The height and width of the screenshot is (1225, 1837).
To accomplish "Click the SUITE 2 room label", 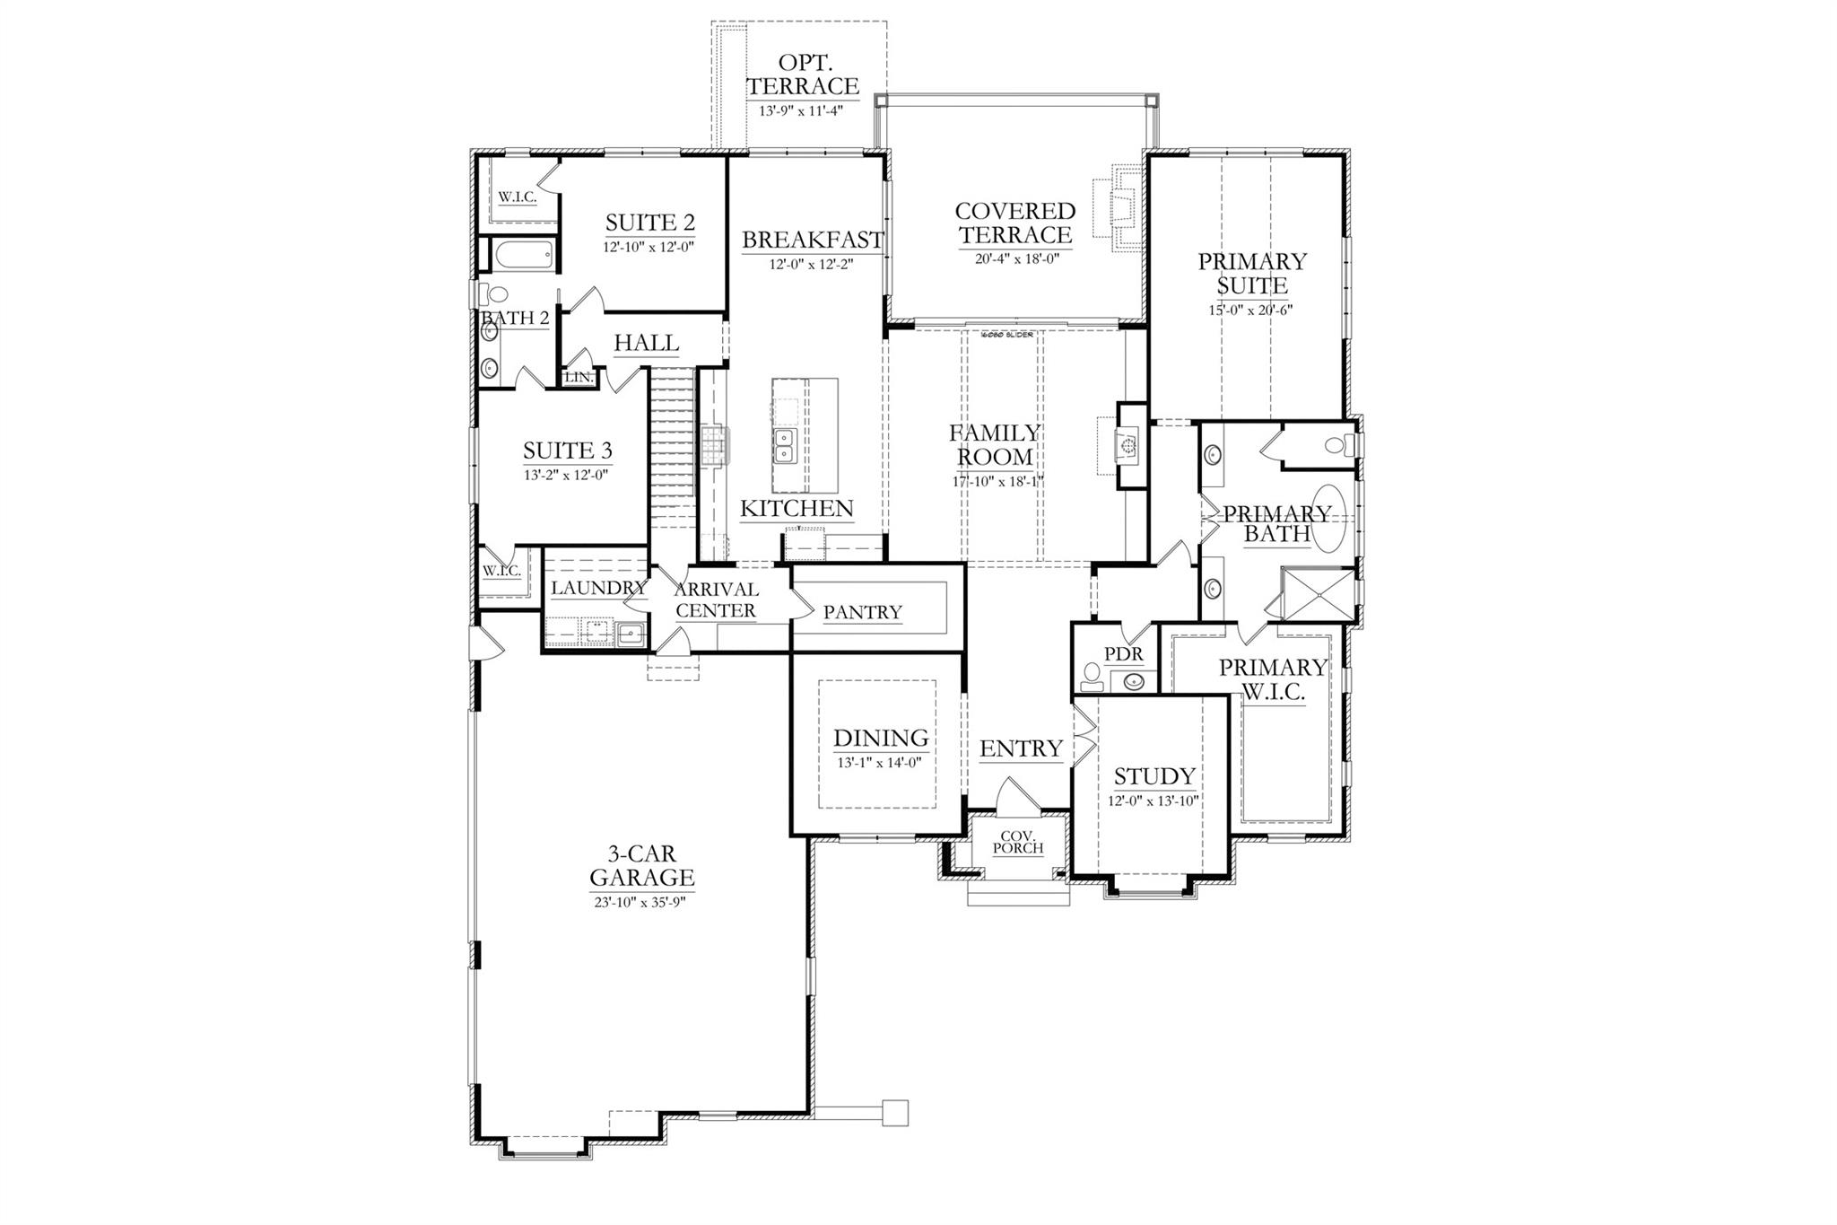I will click(649, 223).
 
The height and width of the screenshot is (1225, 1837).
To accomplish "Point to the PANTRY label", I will click(862, 612).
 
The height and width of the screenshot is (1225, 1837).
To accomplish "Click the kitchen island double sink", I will click(786, 445).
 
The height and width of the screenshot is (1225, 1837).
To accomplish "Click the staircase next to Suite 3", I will click(673, 449).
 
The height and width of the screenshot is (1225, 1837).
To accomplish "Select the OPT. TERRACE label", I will click(803, 74).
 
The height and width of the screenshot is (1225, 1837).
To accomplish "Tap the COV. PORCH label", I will click(1017, 842).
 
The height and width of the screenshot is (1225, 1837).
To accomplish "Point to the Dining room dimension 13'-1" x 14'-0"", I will click(879, 762).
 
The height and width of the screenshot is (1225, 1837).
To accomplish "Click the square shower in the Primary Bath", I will click(1318, 594).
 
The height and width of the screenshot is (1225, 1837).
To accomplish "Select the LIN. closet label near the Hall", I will click(579, 378).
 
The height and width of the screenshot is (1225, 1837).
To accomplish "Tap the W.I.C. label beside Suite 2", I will click(518, 197).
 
